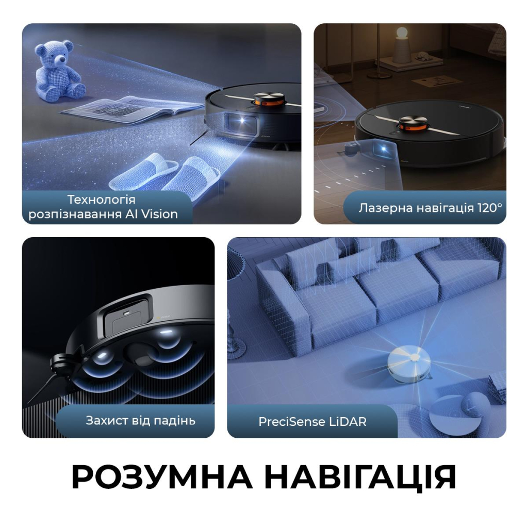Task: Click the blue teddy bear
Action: point(58,73)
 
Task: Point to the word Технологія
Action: point(102,199)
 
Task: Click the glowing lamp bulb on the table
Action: point(401,35)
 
